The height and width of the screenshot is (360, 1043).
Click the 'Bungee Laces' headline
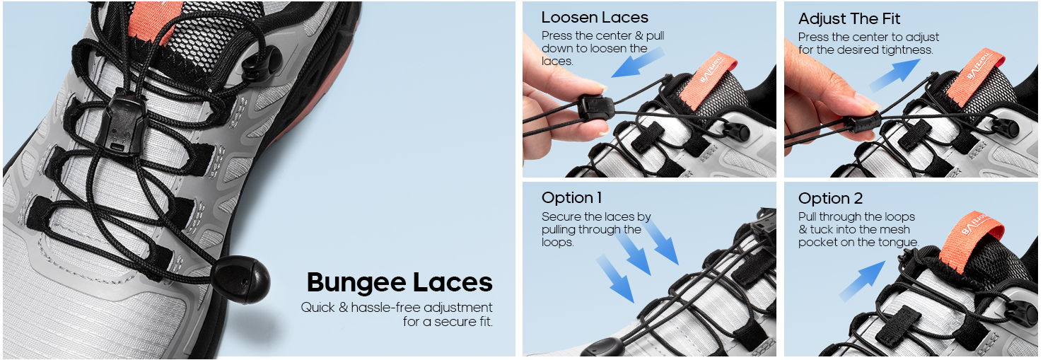point(400,283)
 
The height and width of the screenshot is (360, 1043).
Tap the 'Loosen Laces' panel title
point(595,18)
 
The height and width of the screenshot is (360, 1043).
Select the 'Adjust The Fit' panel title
point(849,18)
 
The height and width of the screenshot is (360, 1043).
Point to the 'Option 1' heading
point(572,197)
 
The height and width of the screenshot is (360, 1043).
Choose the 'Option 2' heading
point(831,199)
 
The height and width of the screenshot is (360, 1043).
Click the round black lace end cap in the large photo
point(241,279)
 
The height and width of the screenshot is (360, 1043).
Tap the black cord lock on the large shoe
point(122,123)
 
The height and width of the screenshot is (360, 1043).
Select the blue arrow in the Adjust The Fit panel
point(894,74)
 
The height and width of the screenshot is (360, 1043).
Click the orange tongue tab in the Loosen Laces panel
point(710,79)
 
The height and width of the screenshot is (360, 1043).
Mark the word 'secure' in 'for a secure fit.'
point(452,322)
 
